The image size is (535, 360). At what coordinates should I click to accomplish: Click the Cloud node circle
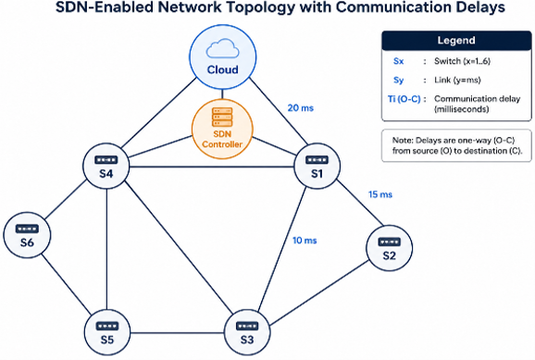223,57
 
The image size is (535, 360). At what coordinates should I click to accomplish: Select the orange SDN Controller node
222,129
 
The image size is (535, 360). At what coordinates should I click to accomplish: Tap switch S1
317,167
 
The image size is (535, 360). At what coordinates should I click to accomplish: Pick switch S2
389,248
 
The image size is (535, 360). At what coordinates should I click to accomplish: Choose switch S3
247,332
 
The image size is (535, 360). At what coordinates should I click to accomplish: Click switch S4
106,167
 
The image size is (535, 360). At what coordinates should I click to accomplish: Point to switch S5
107,332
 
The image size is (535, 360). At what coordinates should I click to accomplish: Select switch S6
27,235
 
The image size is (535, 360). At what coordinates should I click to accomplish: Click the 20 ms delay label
300,108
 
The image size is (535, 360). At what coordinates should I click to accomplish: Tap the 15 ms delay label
380,194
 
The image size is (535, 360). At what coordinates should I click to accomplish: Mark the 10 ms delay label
305,241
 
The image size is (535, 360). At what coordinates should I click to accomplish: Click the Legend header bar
456,41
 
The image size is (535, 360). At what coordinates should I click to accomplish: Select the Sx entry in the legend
398,61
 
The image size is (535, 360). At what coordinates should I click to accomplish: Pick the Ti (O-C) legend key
404,99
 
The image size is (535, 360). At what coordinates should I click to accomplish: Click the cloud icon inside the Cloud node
222,48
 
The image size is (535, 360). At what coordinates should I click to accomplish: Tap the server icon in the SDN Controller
222,117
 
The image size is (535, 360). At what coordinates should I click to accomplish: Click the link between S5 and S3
177,333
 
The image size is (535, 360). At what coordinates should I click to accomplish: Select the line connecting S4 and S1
212,167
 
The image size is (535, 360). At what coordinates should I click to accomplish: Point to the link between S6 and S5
67,284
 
